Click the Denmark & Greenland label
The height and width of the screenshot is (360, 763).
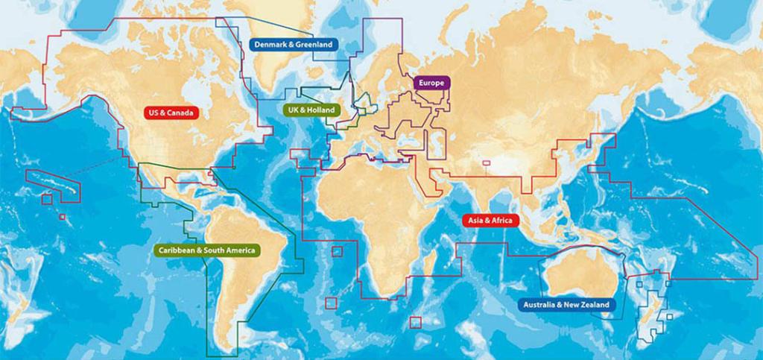coord(293,45)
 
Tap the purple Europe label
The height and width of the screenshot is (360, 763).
coord(431,82)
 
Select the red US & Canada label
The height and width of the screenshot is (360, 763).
coord(171,113)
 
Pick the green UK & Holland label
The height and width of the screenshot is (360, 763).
coord(311,110)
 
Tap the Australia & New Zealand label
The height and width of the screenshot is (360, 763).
coord(566,305)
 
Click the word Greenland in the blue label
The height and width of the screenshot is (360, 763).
coord(314,45)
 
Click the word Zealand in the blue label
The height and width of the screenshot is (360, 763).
coord(595,305)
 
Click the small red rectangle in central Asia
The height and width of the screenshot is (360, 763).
coord(487,163)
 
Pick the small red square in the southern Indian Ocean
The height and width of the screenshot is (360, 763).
coord(416,322)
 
